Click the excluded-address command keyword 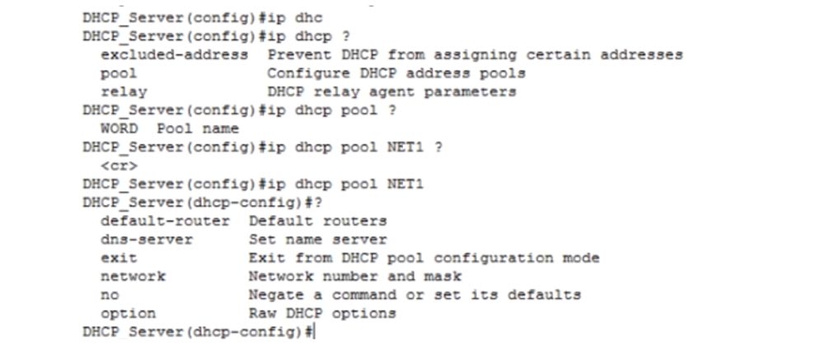point(174,54)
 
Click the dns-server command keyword point(146,239)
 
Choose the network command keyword point(132,276)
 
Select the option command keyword point(127,313)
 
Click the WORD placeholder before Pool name point(119,129)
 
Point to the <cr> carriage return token point(118,166)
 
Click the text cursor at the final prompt point(314,332)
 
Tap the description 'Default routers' point(317,221)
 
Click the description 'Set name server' point(317,239)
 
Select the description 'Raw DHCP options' point(322,313)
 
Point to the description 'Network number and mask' point(354,276)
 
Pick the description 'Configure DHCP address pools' point(396,73)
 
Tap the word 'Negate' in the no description point(276,294)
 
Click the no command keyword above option point(109,295)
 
